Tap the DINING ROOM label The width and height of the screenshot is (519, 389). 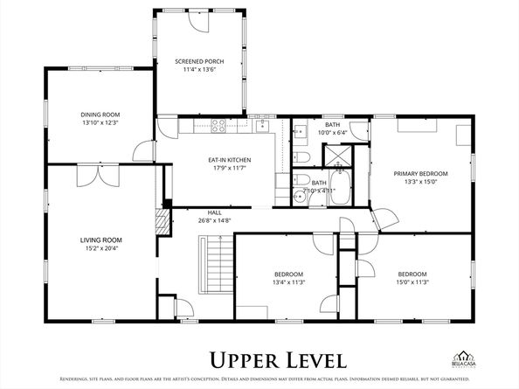(100, 115)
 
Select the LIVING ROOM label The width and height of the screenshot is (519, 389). (101, 240)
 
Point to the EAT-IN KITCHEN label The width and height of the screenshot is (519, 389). (229, 160)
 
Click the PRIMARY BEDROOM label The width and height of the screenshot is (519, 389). (420, 174)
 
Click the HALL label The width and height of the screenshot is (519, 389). (214, 212)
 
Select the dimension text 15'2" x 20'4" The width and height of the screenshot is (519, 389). (101, 248)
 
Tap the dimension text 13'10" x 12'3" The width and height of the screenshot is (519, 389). (100, 123)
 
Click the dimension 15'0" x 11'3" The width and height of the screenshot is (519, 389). (412, 281)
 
